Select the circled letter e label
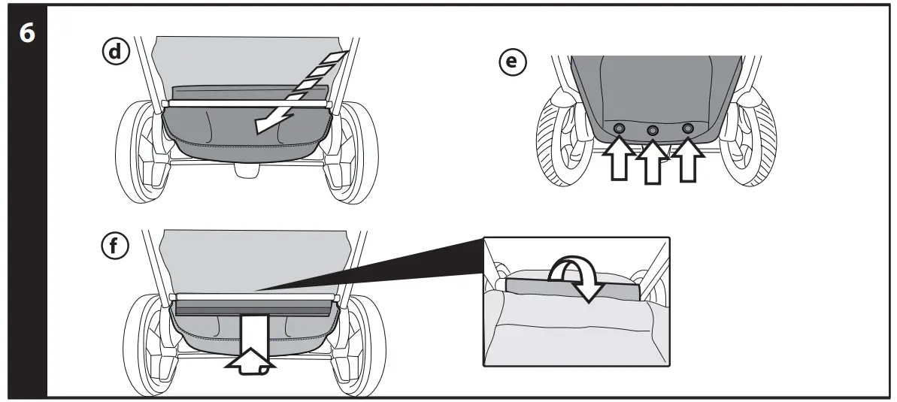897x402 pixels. coord(513,62)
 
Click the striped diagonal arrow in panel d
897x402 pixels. coord(301,90)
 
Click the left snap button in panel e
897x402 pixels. coord(619,129)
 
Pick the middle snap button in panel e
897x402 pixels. coord(653,131)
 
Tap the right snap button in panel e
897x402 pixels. coord(687,128)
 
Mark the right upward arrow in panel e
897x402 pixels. coord(687,159)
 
